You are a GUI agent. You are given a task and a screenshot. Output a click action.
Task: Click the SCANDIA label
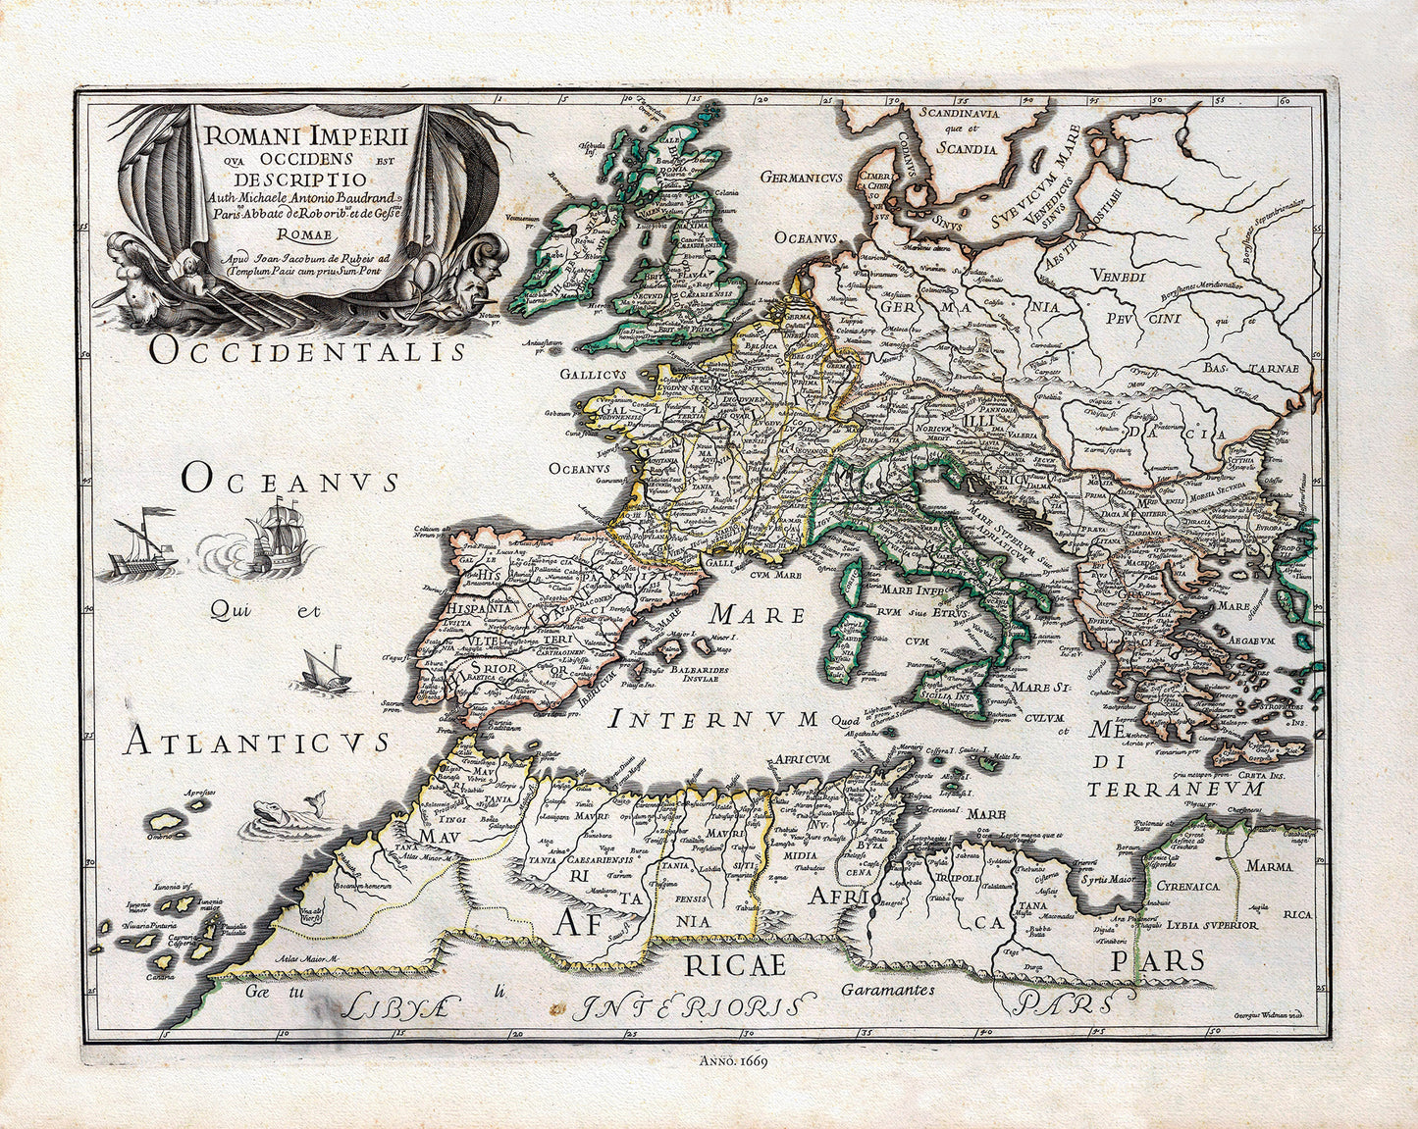pos(967,149)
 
